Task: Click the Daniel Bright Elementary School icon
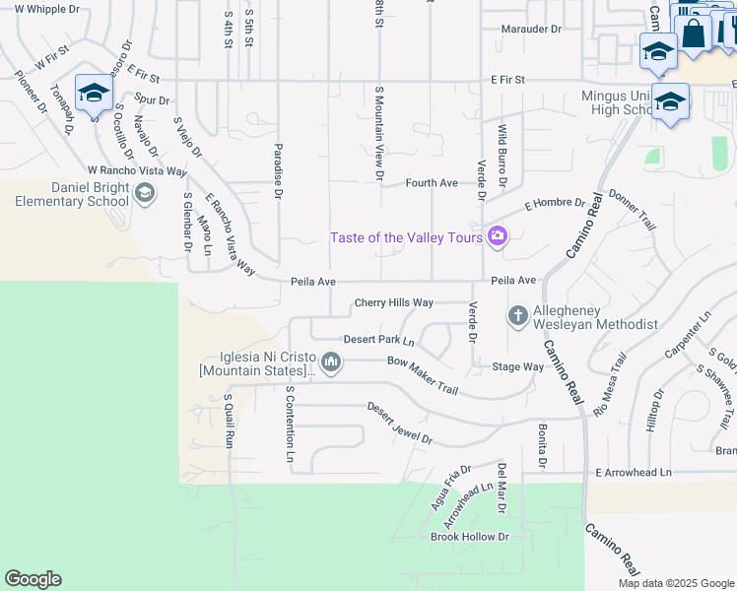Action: (146, 191)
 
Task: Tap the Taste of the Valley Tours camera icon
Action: (499, 236)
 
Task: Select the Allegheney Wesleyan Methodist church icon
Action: (518, 316)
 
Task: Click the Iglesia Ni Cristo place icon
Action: (331, 362)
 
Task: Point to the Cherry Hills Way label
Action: (393, 302)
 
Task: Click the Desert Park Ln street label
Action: (379, 340)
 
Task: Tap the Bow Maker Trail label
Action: (423, 376)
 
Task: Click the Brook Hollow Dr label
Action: (469, 537)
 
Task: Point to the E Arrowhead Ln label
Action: (633, 473)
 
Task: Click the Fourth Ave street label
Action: (433, 183)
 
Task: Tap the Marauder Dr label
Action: (531, 30)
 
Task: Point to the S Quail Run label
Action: (230, 422)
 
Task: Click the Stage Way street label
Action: (518, 367)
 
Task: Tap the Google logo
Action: (33, 579)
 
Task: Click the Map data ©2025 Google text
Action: (675, 583)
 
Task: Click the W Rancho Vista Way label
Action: (137, 170)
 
